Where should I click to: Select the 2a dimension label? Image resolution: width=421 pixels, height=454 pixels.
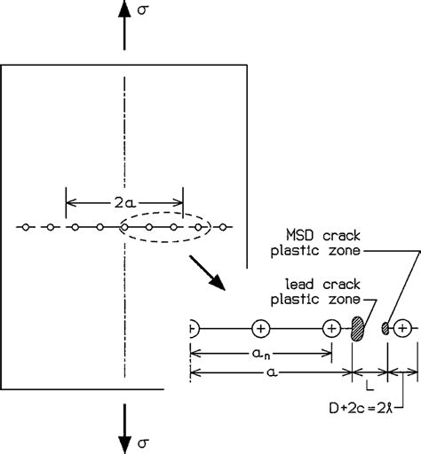click(124, 202)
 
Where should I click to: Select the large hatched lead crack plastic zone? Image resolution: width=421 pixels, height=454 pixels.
click(359, 329)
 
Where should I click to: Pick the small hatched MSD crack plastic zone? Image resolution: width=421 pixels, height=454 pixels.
click(386, 329)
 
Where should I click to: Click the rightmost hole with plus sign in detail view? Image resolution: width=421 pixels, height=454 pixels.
click(402, 329)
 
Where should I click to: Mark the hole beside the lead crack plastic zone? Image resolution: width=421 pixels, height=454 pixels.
click(332, 329)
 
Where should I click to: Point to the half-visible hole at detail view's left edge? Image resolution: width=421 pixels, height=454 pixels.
click(193, 329)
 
